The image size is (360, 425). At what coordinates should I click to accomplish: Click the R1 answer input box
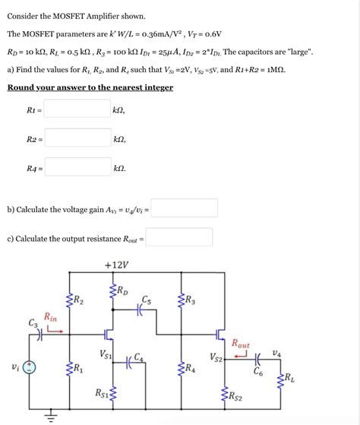(x=77, y=109)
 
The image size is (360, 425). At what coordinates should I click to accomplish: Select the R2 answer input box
(x=77, y=138)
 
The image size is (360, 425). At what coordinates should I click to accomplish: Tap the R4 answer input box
(x=77, y=167)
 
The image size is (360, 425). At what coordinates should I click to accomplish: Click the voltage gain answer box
(x=185, y=208)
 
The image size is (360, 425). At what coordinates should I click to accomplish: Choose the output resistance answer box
(x=179, y=238)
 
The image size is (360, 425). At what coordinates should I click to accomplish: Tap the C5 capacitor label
(x=146, y=299)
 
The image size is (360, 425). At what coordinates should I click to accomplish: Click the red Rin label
(x=50, y=316)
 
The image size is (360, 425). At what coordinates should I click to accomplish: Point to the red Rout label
(x=240, y=344)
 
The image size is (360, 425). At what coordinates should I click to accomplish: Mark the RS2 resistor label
(x=236, y=396)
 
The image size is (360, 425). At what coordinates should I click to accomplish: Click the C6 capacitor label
(x=258, y=372)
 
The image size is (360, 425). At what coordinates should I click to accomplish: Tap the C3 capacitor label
(x=33, y=322)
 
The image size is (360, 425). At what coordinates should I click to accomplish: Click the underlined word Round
(x=23, y=87)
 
